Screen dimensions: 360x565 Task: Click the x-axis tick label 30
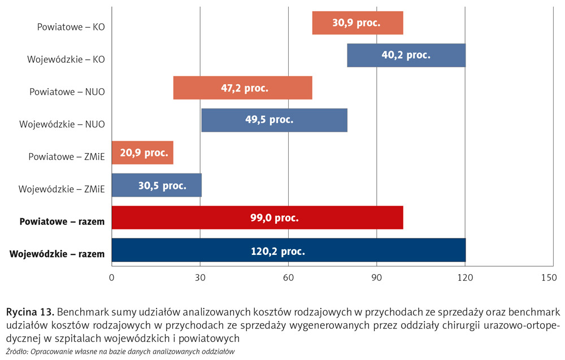coord(200,277)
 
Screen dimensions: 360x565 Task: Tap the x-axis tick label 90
coord(377,277)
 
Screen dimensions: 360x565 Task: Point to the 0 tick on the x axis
coord(112,277)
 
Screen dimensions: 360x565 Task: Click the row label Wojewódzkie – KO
coord(66,59)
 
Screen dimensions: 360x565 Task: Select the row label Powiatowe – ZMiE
coord(67,157)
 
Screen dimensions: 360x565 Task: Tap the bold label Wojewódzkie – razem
coord(57,254)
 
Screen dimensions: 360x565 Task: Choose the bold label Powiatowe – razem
coord(62,222)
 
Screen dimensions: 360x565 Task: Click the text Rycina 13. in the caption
coord(30,312)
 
